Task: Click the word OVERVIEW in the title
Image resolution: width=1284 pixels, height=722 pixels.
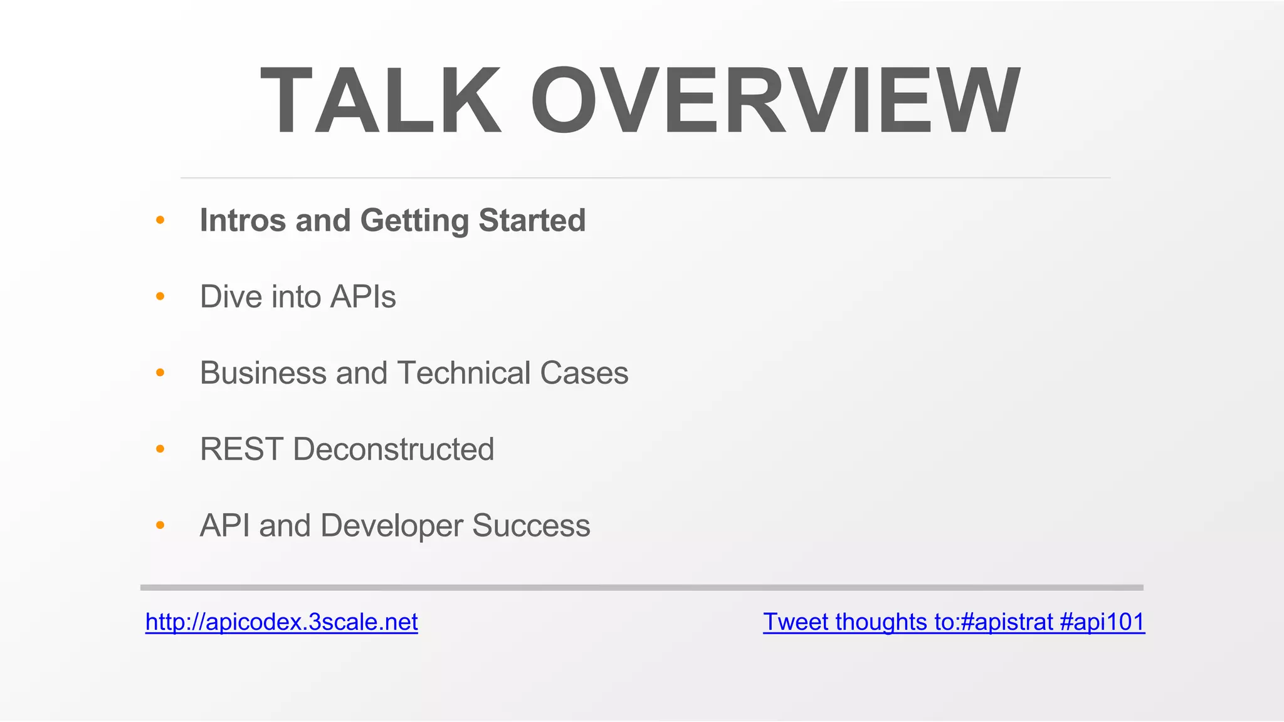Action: click(776, 101)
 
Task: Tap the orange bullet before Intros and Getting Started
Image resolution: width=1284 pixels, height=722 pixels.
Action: click(160, 220)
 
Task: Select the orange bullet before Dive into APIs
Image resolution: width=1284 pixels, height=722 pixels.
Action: click(160, 296)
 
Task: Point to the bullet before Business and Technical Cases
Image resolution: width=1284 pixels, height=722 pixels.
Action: click(160, 373)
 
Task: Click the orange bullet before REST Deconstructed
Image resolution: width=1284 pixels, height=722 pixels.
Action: click(160, 449)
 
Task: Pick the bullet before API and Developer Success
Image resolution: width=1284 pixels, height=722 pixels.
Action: click(160, 525)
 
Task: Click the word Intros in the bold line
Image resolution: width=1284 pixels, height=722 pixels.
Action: click(243, 221)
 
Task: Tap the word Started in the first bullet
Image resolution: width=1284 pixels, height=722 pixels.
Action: click(532, 221)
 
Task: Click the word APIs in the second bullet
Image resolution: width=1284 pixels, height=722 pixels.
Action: click(363, 297)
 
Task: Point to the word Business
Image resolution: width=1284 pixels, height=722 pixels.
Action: click(263, 374)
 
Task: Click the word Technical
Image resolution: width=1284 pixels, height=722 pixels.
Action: click(464, 374)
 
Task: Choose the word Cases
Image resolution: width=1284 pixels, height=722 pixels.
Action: click(584, 374)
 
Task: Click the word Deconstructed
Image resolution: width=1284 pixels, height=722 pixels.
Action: click(393, 449)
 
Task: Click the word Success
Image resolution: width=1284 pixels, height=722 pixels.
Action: click(531, 526)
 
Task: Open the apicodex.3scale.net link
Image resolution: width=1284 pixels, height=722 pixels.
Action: click(282, 622)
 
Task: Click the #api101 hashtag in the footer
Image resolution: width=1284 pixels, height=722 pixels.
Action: click(1102, 622)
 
